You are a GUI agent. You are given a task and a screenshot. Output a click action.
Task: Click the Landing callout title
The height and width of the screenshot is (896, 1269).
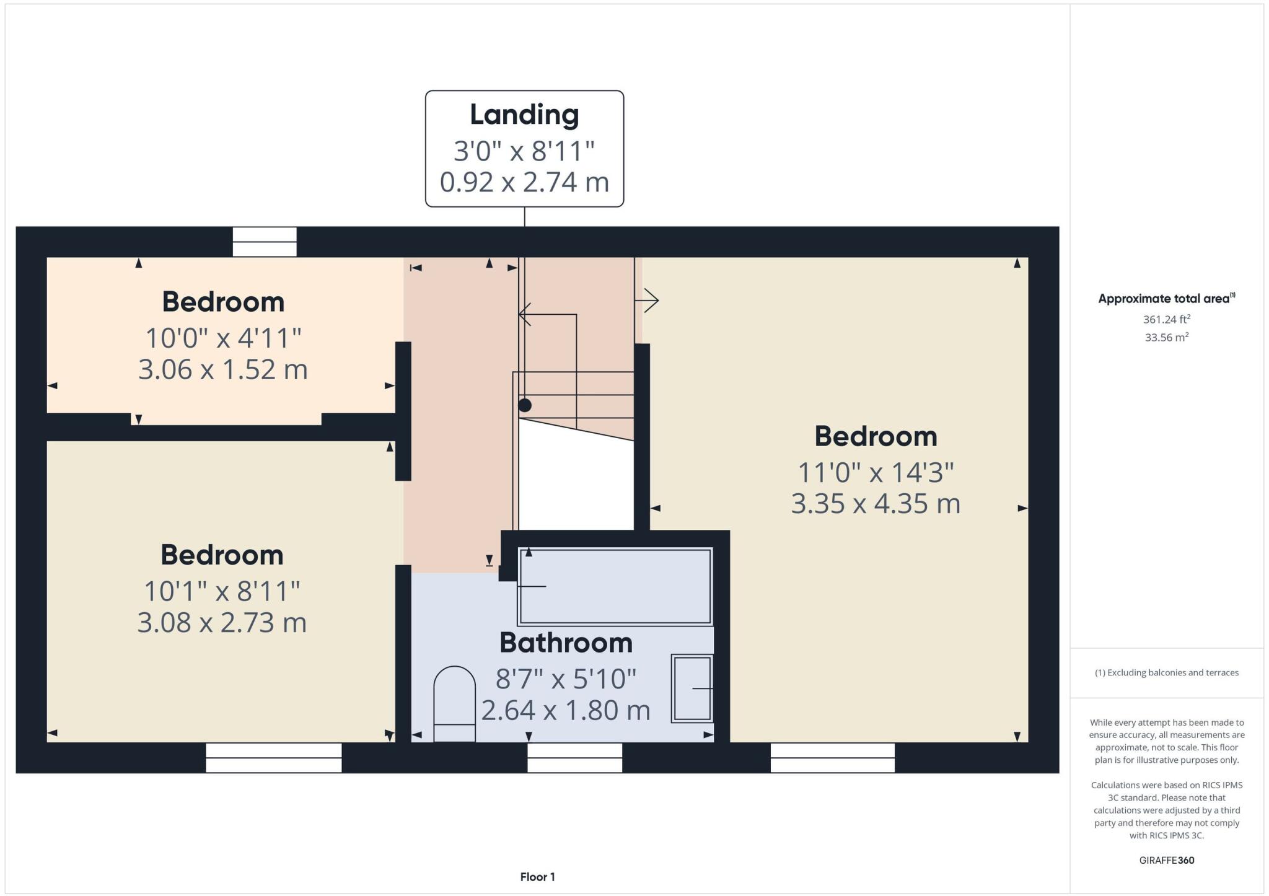coord(524,115)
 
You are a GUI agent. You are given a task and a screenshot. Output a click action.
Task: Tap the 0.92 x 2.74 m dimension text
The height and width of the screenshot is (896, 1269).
coord(524,182)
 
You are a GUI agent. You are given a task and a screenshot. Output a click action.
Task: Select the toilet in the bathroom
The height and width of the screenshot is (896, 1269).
coord(454,703)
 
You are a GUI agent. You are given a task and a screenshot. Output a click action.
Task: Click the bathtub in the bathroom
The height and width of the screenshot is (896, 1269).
coord(615,586)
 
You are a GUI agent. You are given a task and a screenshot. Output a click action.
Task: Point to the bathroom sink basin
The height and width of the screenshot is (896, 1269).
coord(692,688)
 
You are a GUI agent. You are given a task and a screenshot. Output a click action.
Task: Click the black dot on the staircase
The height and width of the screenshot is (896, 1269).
coord(525,405)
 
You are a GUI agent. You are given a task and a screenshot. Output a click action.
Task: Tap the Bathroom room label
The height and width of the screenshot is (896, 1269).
coord(566,643)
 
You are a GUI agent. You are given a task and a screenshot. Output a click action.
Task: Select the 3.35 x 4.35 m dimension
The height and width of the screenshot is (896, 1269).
coord(875,503)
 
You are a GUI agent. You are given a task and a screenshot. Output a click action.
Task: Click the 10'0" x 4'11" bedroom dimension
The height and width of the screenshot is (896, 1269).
coord(223,338)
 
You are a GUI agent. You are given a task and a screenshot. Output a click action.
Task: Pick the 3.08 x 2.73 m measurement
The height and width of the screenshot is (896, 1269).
coord(222,622)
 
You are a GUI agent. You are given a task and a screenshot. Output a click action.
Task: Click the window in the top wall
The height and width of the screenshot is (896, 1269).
coord(265,242)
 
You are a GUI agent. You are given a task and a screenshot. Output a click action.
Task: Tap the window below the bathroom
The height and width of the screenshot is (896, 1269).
coord(574,757)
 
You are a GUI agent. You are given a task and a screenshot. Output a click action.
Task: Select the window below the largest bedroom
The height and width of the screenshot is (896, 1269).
coord(832,757)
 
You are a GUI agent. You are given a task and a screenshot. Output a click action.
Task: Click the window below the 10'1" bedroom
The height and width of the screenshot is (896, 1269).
coord(273,757)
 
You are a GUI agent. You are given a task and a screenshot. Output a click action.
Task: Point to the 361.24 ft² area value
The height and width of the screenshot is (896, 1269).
coord(1166,320)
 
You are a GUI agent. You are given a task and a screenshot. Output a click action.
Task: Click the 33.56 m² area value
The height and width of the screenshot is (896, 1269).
coord(1166,338)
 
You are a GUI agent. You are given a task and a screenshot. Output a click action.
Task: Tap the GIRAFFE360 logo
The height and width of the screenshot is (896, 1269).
coord(1166,860)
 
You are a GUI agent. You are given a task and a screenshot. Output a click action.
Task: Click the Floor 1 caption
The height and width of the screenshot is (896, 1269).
coord(537,877)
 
